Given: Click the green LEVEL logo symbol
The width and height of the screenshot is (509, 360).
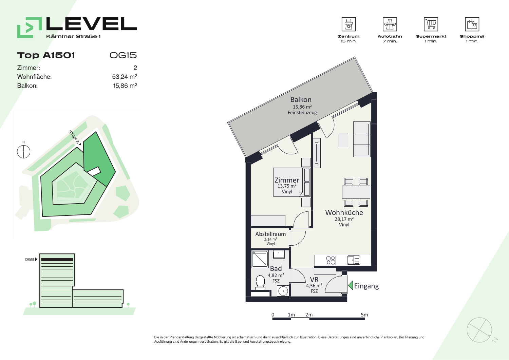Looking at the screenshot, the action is coord(29,27).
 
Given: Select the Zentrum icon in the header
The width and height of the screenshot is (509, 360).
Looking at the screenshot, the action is coord(348,24).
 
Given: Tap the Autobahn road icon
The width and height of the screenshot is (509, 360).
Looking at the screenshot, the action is coord(390,24).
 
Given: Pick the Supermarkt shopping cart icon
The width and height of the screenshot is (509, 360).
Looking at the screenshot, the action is coord(431,24).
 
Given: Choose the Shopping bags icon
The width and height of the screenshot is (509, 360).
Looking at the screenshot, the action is coord(472,24).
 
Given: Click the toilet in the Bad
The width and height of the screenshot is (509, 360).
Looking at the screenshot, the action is coord(260,283).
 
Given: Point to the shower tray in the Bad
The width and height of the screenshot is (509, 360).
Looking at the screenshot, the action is coord(260,259).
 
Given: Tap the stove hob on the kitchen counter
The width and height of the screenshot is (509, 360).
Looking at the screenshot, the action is coord(331,261).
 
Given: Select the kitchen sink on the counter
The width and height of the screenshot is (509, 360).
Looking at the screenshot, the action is coord(354,260).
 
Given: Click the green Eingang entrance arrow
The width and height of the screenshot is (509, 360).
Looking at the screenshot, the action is coord(351,285).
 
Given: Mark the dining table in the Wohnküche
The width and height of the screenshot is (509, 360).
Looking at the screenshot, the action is coord(356,192).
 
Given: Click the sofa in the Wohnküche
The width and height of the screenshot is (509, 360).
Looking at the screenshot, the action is coord(362,139).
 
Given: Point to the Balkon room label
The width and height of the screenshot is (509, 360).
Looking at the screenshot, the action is coord(301,99).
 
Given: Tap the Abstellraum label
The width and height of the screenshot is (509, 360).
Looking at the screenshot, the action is coord(270,234).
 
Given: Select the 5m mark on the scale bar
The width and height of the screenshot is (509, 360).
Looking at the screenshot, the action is coord(364,315).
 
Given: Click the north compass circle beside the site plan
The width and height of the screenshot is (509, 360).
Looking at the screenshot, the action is coord(24,152).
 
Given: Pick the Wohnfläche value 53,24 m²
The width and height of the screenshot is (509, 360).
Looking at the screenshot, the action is coord(125,77).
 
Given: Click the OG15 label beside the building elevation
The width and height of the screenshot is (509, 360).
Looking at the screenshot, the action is coord(30,260).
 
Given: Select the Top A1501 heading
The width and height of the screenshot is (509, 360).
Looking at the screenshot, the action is coord(46,55).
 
